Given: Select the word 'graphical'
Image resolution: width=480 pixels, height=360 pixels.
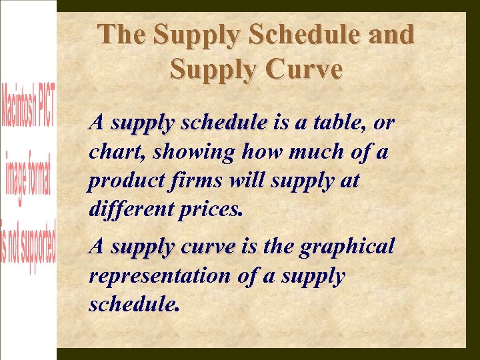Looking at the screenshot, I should [347, 247].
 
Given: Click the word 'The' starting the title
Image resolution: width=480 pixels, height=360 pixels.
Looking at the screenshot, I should [123, 35].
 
